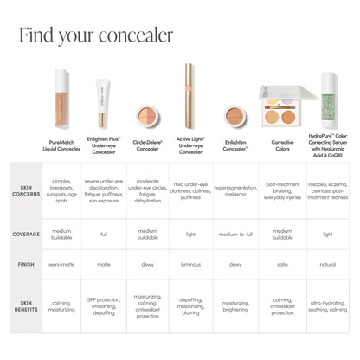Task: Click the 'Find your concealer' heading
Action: (95, 35)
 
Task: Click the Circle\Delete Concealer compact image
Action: (147, 115)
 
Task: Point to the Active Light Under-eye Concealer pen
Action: (190, 95)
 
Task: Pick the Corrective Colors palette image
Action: (282, 108)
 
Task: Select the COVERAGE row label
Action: (25, 234)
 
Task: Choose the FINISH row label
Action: (25, 264)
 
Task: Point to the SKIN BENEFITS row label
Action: (25, 305)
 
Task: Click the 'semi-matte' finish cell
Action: (61, 264)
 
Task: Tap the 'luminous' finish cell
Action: (190, 264)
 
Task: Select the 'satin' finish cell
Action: (282, 264)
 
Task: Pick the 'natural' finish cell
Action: (328, 264)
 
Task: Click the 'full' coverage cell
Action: (104, 234)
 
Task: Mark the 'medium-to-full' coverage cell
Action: (235, 234)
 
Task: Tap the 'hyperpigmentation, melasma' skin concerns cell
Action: (235, 188)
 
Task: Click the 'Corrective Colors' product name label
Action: (282, 145)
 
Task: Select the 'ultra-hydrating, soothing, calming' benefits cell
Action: (328, 305)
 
